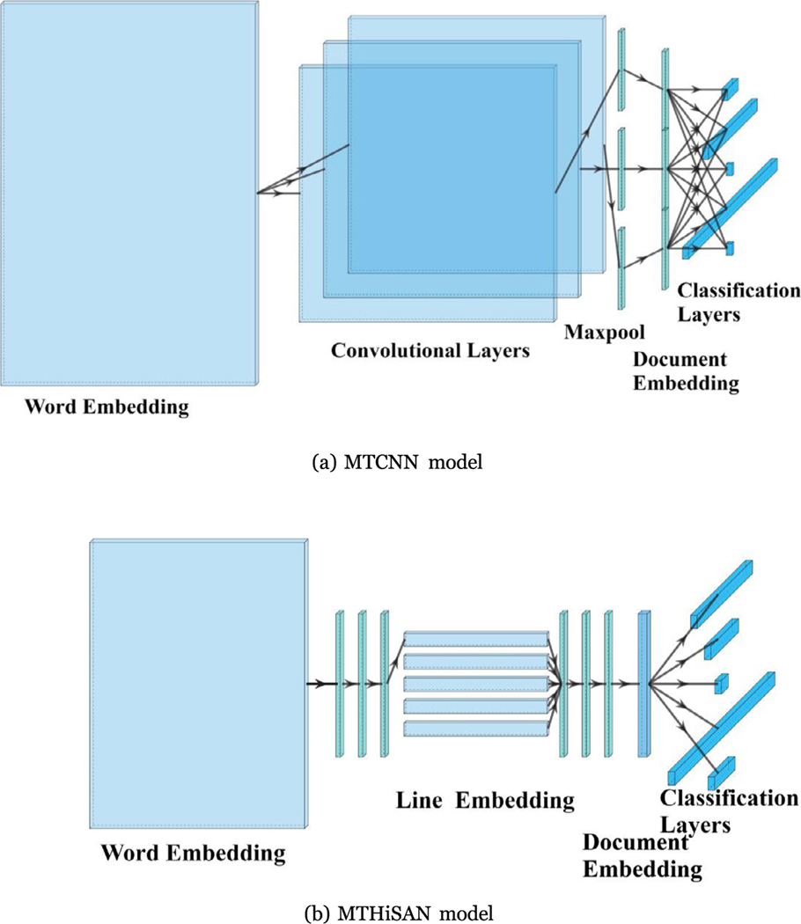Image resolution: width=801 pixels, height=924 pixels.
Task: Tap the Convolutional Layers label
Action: click(430, 350)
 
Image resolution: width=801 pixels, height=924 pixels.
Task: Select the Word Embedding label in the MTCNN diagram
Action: click(107, 407)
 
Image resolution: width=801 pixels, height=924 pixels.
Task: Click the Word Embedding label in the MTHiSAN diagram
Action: click(193, 853)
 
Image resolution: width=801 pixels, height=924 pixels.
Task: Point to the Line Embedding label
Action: click(485, 801)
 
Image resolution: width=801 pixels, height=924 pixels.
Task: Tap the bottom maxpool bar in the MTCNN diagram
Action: click(621, 268)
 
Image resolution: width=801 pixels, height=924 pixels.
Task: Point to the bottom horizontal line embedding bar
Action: click(475, 729)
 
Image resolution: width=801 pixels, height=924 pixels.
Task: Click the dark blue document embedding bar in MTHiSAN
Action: click(643, 683)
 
